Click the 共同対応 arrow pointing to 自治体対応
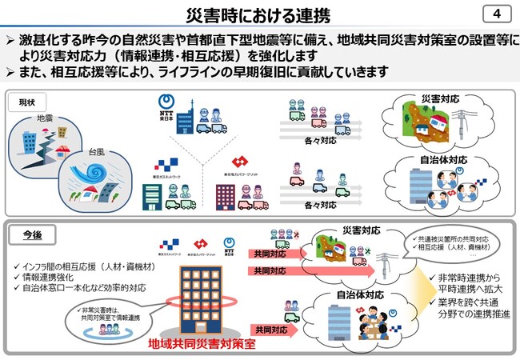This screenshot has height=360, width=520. click(273, 329)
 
